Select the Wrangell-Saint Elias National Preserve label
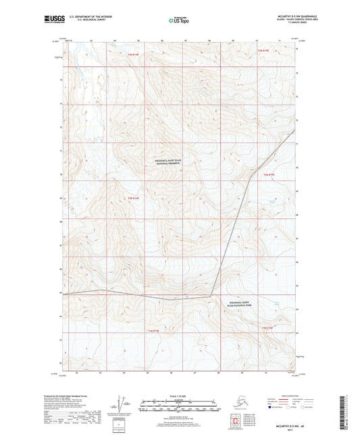[169, 161]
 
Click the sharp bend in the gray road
[211, 296]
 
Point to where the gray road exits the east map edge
[296, 131]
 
